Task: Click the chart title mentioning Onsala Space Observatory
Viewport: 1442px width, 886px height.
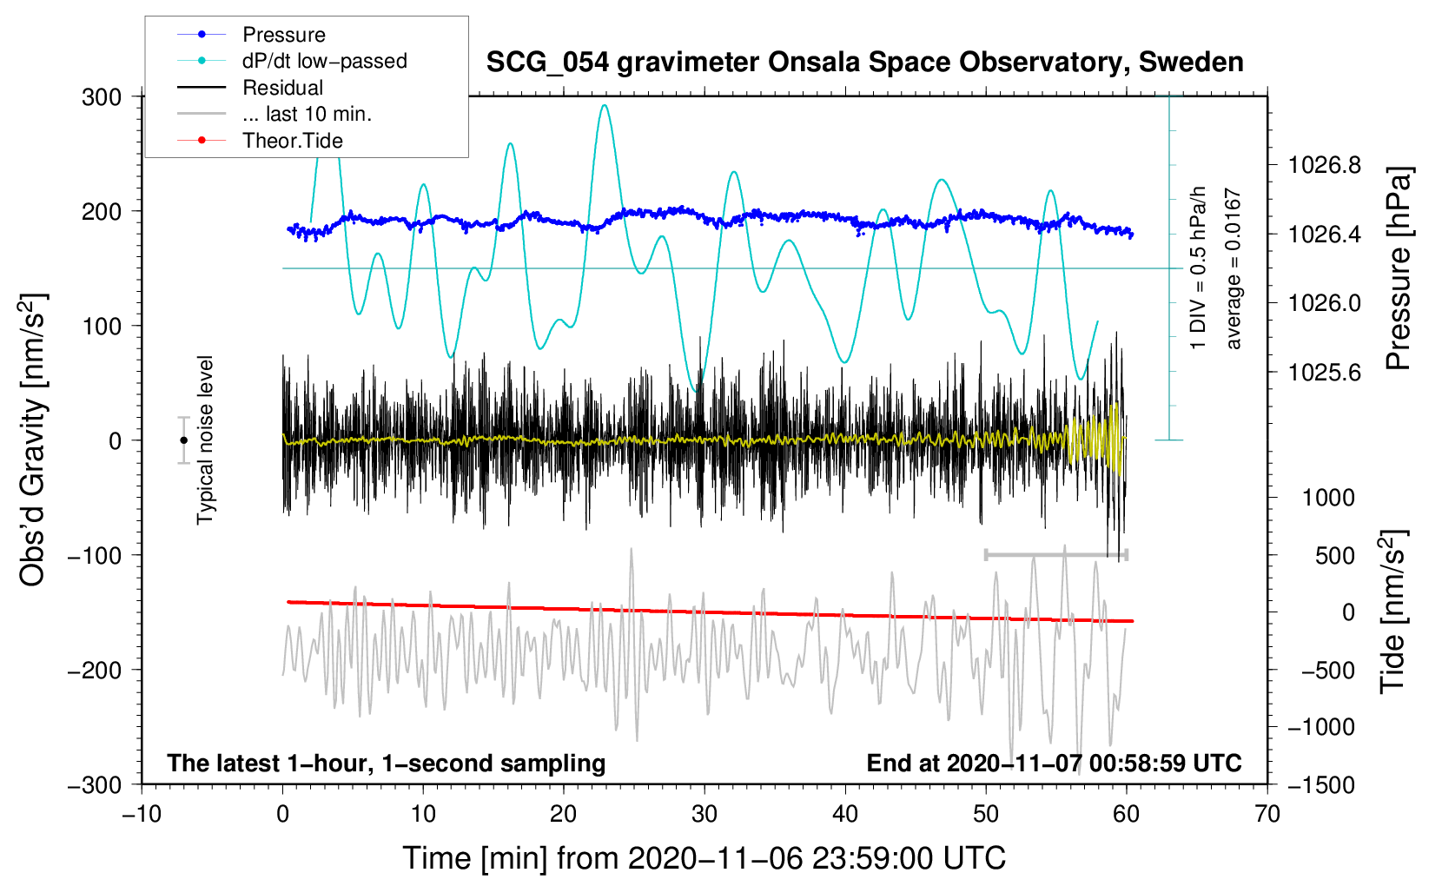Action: (x=864, y=63)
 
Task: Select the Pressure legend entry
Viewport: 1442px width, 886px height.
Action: (x=283, y=35)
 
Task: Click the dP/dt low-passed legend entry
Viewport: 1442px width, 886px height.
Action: (x=324, y=61)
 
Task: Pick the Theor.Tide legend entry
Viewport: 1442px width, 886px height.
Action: (x=292, y=141)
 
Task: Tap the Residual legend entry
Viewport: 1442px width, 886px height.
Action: (x=282, y=88)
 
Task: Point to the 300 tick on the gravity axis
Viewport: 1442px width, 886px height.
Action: (x=102, y=96)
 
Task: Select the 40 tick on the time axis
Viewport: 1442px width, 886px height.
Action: (x=844, y=814)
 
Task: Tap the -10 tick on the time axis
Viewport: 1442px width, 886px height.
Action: (x=142, y=814)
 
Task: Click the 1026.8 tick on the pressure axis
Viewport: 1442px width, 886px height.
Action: (x=1325, y=165)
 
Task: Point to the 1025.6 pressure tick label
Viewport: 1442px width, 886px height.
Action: (x=1325, y=373)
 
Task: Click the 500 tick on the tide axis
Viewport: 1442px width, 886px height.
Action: (x=1335, y=555)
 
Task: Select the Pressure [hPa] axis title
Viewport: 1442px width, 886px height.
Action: (x=1398, y=268)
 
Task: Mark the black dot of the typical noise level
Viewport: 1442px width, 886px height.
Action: (x=183, y=440)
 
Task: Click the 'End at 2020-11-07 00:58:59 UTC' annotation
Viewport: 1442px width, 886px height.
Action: (x=1054, y=763)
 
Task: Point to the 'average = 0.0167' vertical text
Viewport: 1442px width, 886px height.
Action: (x=1233, y=269)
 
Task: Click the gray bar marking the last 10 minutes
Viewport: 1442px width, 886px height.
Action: (x=1055, y=554)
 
